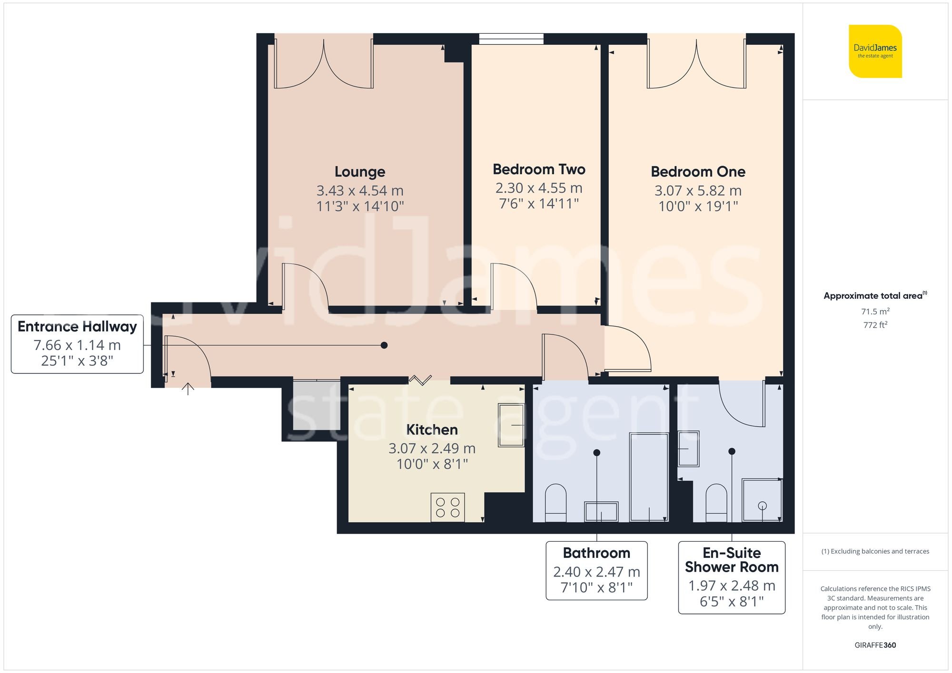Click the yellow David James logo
(875, 51)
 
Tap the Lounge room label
(360, 172)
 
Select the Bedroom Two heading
(539, 169)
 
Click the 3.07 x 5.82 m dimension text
(698, 191)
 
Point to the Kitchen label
(432, 429)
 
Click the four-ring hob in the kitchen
(447, 507)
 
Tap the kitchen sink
(511, 425)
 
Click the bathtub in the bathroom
(649, 477)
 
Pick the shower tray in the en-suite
(762, 500)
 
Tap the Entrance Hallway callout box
(77, 344)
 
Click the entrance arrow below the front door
(188, 389)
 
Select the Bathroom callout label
(596, 570)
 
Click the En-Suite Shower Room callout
(731, 577)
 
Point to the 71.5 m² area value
(875, 312)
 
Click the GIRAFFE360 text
(875, 645)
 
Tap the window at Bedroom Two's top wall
(511, 39)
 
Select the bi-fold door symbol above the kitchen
(420, 380)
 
